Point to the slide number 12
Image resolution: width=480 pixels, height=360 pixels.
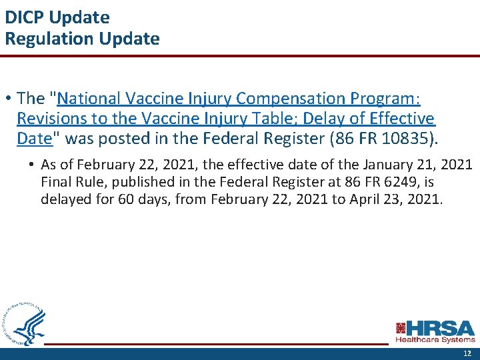pyautogui.click(x=467, y=354)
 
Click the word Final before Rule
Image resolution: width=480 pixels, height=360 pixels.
pyautogui.click(x=57, y=182)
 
